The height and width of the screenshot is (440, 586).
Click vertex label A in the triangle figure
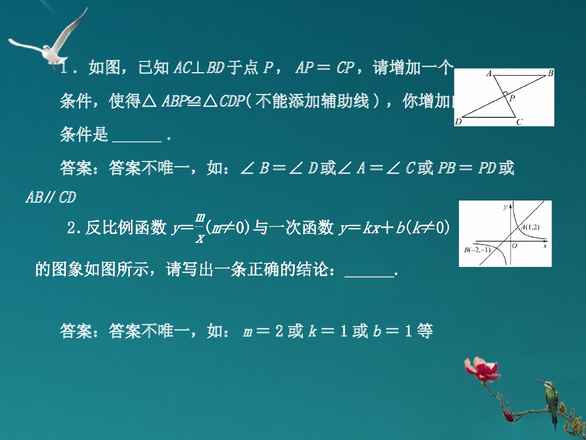pyautogui.click(x=489, y=73)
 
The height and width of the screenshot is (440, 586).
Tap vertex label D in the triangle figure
pyautogui.click(x=458, y=121)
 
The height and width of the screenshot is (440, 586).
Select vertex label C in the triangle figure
pyautogui.click(x=519, y=121)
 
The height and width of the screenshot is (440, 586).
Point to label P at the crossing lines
pyautogui.click(x=512, y=98)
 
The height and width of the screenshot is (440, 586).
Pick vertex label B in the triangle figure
pyautogui.click(x=550, y=73)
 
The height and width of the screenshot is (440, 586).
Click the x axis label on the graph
pyautogui.click(x=545, y=245)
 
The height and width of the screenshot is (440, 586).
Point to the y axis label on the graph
pyautogui.click(x=505, y=207)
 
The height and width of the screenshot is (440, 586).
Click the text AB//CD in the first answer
pyautogui.click(x=51, y=197)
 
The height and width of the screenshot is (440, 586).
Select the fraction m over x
pyautogui.click(x=200, y=227)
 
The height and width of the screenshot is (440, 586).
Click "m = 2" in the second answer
pyautogui.click(x=262, y=331)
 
